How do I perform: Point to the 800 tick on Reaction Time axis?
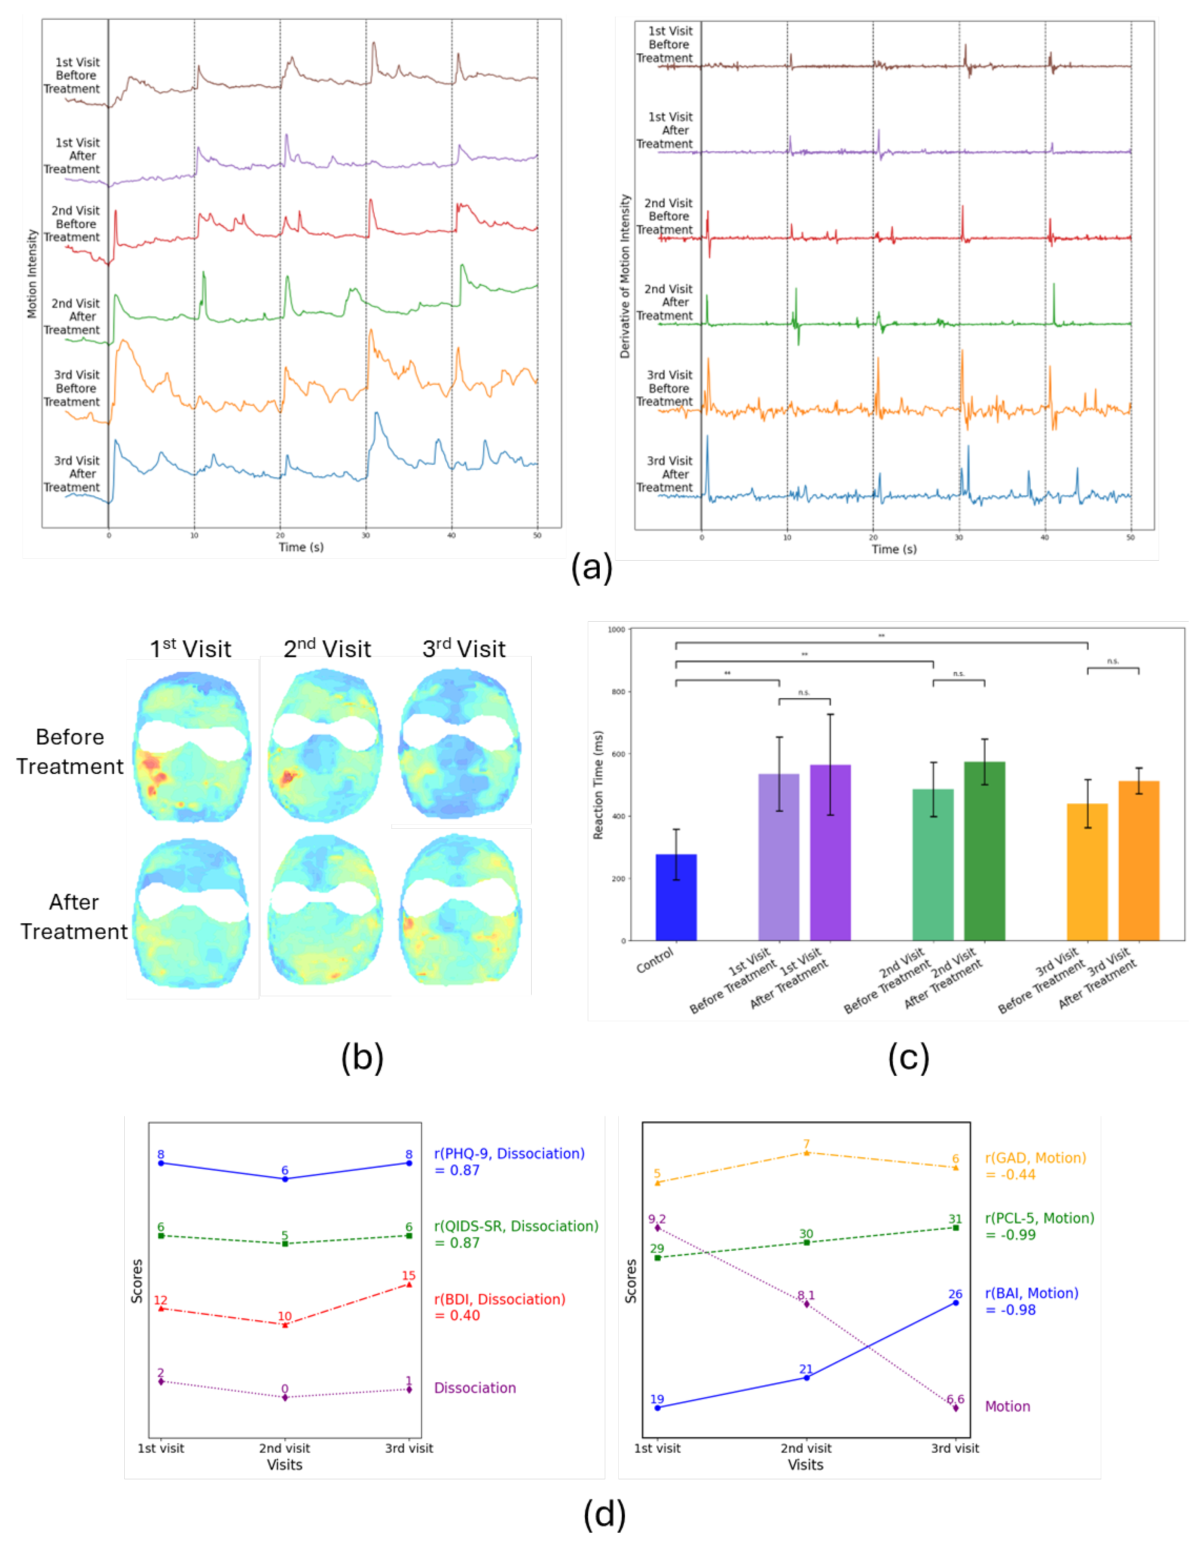click(617, 692)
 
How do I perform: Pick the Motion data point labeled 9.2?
click(657, 1227)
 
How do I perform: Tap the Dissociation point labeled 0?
click(285, 1397)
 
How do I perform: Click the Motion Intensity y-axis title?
click(32, 273)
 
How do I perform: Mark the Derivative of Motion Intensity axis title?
click(624, 276)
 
